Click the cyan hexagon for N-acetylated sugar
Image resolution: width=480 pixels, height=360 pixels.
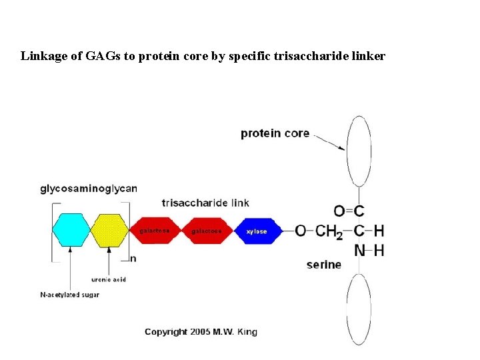point(71,231)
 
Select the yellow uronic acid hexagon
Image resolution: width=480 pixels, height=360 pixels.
point(109,231)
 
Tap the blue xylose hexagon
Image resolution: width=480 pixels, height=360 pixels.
point(255,231)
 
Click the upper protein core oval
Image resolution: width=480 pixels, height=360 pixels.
point(358,151)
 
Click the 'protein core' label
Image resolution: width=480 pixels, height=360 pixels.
point(275,133)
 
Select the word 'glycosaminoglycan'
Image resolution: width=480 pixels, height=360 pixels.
point(89,189)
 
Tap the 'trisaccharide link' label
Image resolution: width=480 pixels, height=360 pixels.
point(205,203)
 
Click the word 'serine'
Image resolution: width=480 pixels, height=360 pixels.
point(323,265)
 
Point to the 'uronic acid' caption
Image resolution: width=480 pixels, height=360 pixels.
point(109,279)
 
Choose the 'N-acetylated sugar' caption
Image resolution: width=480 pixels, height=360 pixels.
point(70,295)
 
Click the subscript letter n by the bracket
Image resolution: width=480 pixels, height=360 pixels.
point(133,259)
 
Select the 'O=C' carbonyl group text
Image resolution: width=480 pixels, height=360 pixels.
point(349,211)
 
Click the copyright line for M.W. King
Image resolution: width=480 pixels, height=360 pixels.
point(201,331)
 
